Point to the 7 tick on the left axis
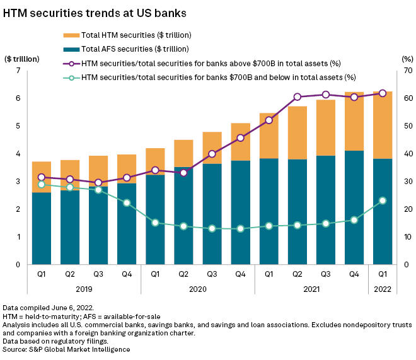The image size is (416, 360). tap(19, 71)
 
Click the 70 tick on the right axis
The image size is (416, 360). tap(407, 71)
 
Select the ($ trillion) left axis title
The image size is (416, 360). tap(23, 59)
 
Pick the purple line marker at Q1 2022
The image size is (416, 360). tap(382, 93)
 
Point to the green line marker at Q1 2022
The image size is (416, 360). tap(382, 200)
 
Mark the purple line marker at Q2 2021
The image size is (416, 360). tap(297, 97)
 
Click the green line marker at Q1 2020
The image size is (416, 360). tap(155, 223)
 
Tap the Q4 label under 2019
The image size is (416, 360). tap(126, 274)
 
